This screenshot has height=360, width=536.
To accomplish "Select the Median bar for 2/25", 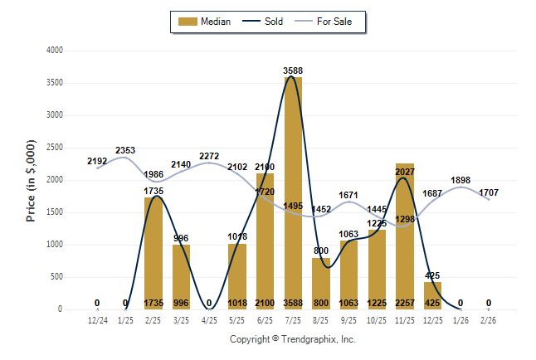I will (153, 253).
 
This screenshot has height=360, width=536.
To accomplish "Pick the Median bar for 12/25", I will (432, 295).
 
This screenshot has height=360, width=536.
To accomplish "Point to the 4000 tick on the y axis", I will (54, 51).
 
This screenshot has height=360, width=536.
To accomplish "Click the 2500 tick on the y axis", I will (54, 148).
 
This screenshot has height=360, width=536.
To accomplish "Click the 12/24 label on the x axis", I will (97, 320).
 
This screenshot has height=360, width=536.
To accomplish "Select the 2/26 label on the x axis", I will (489, 320).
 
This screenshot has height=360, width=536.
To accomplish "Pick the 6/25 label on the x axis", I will (265, 320).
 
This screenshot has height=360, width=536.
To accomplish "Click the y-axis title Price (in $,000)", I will (31, 180).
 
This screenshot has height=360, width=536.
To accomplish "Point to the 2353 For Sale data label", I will (125, 150).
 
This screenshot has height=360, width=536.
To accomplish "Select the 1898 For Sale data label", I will (460, 180).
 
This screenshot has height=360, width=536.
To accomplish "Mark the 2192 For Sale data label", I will (97, 161).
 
